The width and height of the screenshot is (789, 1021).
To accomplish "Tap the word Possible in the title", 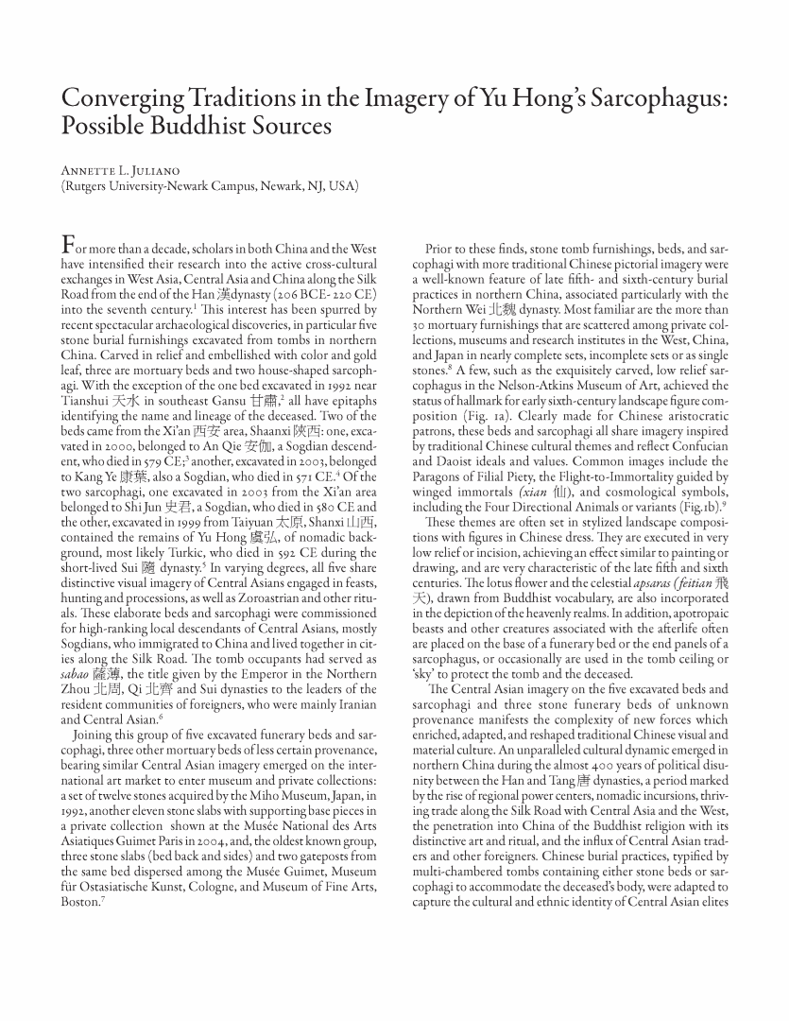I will pyautogui.click(x=103, y=127).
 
